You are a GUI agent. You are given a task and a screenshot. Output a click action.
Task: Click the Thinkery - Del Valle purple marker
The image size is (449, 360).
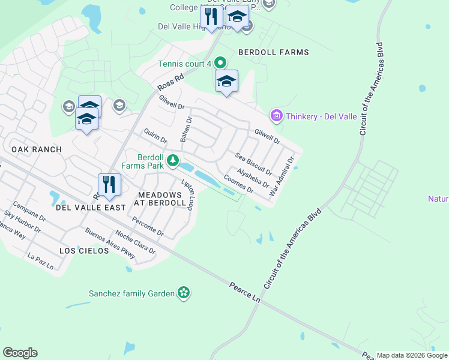pos(276,115)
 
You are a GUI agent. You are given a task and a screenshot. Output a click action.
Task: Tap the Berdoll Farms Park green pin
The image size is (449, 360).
pos(173,160)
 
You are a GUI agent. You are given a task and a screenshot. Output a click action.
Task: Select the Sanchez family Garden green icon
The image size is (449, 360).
pos(184,293)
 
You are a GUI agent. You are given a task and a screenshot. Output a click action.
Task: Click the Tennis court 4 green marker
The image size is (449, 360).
pos(220,62)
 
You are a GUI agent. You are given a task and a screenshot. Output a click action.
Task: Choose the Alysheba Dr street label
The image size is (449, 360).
pos(252,178)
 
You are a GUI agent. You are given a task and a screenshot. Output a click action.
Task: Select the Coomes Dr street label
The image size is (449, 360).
pos(238,183)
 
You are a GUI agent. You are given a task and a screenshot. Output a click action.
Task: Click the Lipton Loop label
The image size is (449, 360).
pos(188,194)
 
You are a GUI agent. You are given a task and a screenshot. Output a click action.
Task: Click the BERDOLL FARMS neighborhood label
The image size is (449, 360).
pos(274,52)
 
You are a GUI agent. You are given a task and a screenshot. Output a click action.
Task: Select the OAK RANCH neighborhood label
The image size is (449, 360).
pos(36,149)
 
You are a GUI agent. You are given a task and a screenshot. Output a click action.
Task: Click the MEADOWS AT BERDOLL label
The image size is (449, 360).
pos(161,199)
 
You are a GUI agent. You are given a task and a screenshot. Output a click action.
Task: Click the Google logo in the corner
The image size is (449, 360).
pos(20,353)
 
